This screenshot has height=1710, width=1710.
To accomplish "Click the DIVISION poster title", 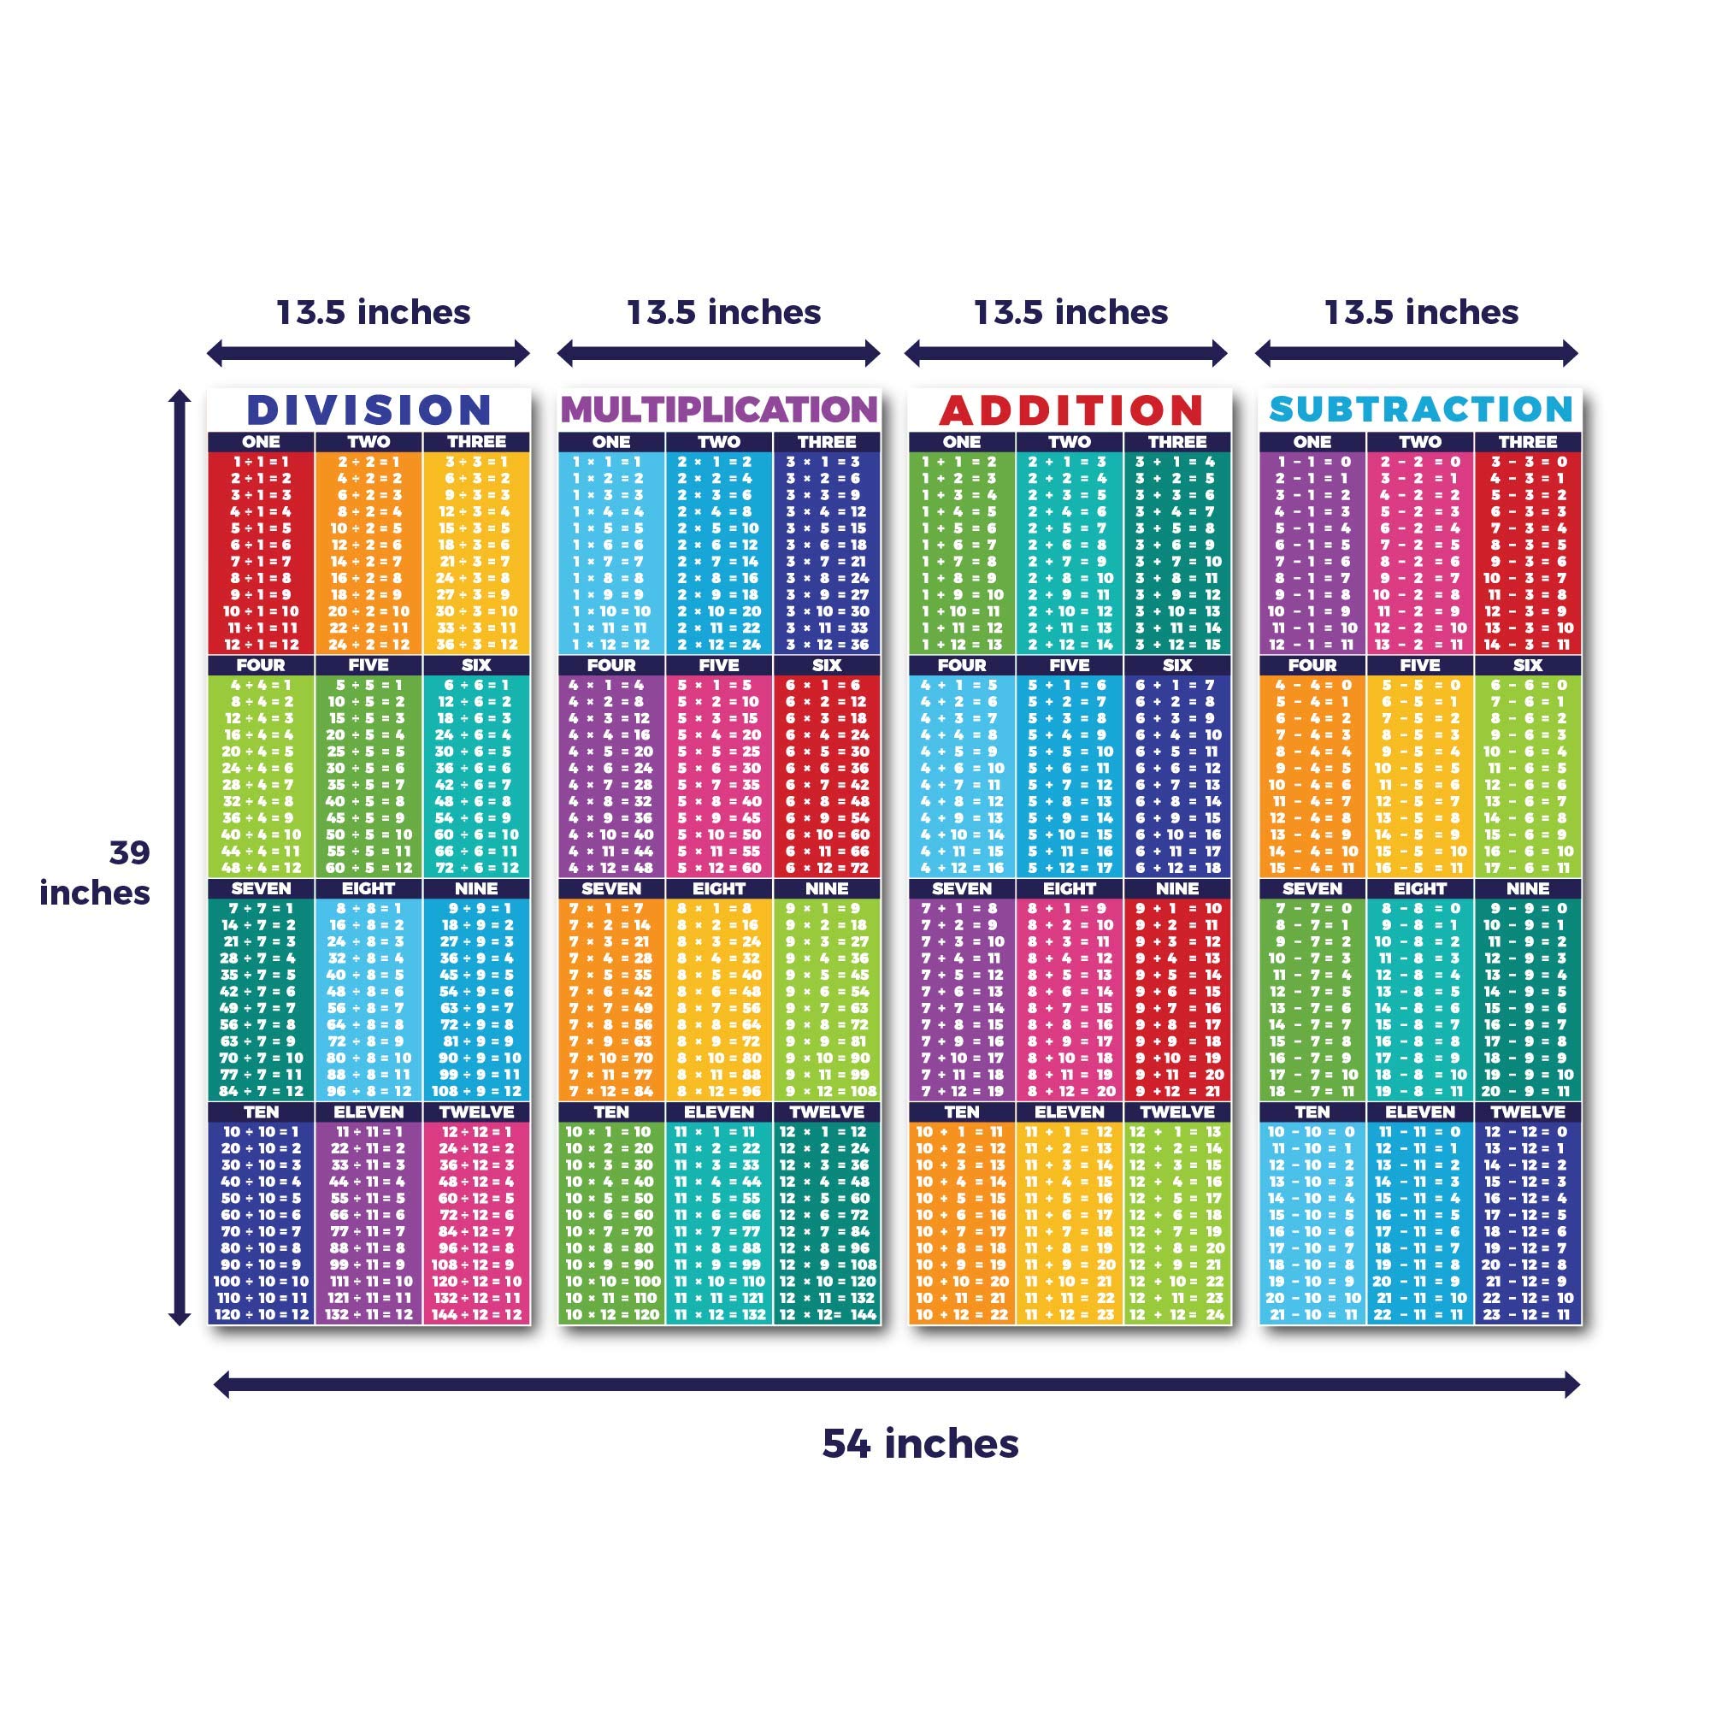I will tap(369, 410).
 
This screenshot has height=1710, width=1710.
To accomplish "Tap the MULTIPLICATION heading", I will tap(719, 410).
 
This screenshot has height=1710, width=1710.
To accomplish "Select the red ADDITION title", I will tap(1070, 410).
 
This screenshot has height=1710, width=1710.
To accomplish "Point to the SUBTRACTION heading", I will tap(1420, 409).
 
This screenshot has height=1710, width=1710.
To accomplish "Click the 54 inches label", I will tap(921, 1443).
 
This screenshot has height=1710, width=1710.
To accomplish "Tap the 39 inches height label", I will tap(96, 873).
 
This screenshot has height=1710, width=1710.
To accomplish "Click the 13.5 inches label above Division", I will tap(374, 312).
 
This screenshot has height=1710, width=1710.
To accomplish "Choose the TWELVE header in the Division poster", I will tap(476, 1112).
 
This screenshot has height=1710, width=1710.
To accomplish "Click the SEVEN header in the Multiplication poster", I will tap(610, 888).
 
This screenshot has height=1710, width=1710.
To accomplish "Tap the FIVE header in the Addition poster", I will tap(1070, 665).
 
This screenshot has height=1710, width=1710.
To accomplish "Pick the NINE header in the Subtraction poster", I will tap(1527, 888).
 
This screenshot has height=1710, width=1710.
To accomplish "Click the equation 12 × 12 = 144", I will tap(827, 1315).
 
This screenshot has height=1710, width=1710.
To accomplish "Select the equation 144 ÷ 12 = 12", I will tap(476, 1315).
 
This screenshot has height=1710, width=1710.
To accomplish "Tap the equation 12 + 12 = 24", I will tap(1176, 1315).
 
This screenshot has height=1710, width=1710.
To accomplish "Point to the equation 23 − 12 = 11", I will tap(1527, 1315).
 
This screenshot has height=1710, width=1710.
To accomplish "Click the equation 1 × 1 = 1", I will tap(610, 462).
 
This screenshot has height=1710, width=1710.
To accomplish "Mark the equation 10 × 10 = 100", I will tap(612, 1282).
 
